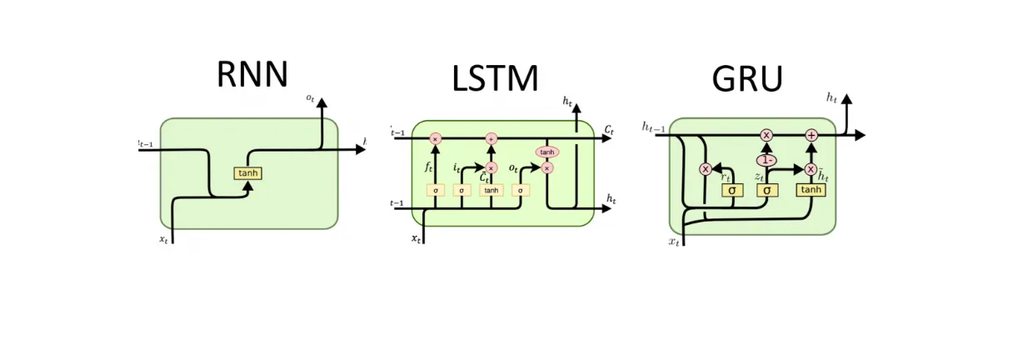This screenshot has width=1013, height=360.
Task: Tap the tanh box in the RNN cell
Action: (x=248, y=173)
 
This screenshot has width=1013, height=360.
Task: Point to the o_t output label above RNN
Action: (x=310, y=98)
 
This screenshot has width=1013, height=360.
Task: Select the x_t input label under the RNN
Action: (x=164, y=239)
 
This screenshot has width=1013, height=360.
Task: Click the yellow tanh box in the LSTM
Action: (x=491, y=190)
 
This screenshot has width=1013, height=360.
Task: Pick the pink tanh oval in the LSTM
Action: (x=547, y=152)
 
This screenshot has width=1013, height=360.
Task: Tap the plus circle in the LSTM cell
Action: (x=491, y=138)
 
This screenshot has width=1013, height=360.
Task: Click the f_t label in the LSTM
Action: (x=429, y=167)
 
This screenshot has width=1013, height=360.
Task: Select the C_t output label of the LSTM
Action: (x=609, y=130)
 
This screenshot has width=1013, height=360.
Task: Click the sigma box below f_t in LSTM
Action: (x=435, y=190)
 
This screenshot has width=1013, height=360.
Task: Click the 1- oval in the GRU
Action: (x=766, y=160)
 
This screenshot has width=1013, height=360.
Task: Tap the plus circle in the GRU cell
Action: (x=811, y=135)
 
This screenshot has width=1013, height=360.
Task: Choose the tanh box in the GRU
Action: (x=811, y=190)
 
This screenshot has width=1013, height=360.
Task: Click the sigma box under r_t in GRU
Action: (x=731, y=190)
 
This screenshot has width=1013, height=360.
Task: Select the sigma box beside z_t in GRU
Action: (x=766, y=190)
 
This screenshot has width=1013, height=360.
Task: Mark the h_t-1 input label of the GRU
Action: (x=653, y=127)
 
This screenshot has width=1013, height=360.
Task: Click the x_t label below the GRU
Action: (x=674, y=242)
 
